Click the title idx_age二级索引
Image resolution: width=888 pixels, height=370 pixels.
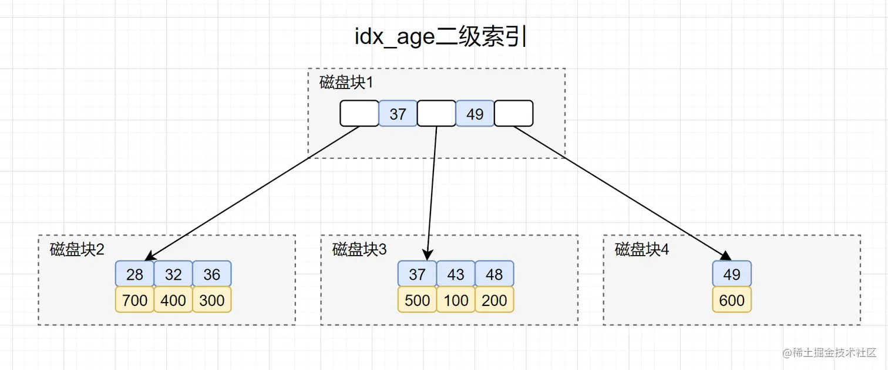point(440,37)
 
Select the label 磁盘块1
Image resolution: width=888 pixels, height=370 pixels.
point(346,83)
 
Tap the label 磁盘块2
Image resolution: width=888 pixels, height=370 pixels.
point(77,249)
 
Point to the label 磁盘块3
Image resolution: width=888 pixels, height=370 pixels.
point(359,249)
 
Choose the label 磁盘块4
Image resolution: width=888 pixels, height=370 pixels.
point(642,249)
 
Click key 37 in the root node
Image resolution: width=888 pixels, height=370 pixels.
point(398,114)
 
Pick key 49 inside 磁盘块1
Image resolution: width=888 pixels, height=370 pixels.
point(475,114)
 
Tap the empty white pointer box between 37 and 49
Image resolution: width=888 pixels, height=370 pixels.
point(436,114)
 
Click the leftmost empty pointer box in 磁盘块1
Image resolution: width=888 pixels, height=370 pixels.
point(359,114)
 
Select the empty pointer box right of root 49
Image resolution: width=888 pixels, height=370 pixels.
point(514,114)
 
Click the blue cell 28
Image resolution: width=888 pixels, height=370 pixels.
point(134,274)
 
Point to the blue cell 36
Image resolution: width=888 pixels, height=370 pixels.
point(211,274)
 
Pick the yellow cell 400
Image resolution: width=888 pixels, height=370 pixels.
point(173,300)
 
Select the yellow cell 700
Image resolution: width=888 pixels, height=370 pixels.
point(134,300)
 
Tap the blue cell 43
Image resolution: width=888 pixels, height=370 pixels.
point(456,274)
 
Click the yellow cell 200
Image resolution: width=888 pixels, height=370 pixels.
point(495,300)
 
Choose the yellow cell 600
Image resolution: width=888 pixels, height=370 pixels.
point(732,300)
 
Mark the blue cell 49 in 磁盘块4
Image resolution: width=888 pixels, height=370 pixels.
point(732,274)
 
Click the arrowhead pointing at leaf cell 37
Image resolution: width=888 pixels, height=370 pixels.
point(428,255)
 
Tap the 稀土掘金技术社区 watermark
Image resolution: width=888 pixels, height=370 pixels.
point(829,352)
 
